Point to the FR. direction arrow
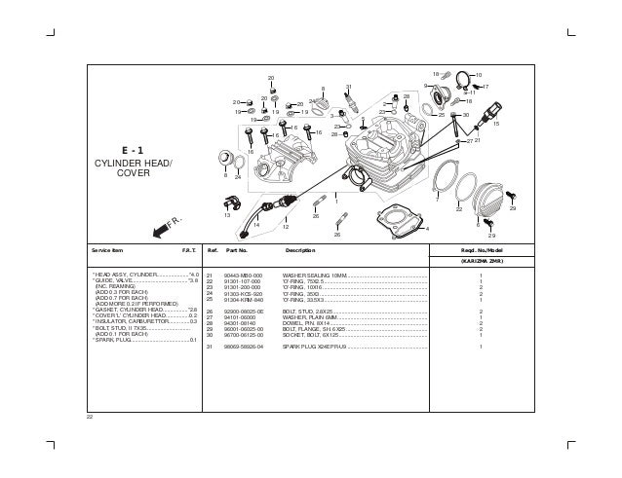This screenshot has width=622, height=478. point(162,231)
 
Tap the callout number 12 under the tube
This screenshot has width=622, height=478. point(286,226)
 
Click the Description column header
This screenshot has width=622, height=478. point(299,250)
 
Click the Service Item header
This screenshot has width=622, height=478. point(107,250)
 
